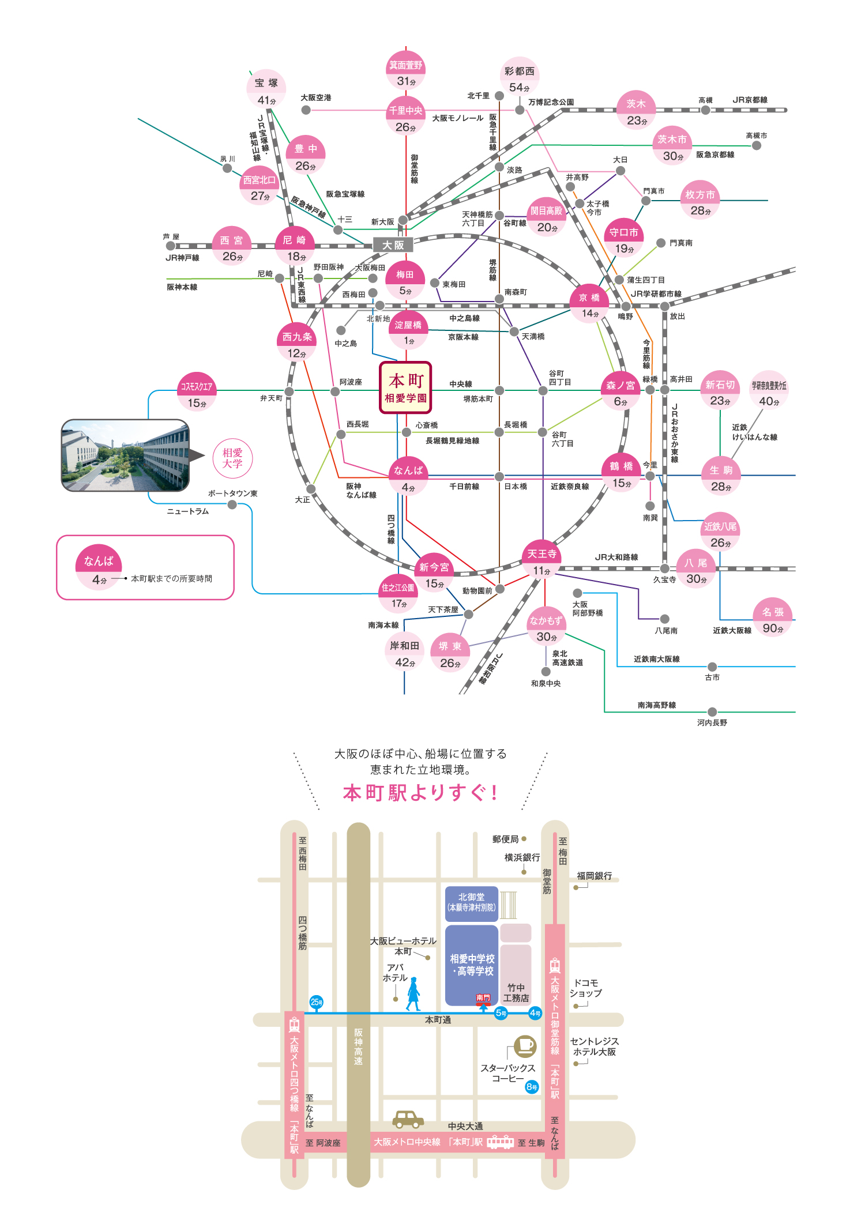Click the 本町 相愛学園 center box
coord(405,387)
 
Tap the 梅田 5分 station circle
coord(405,281)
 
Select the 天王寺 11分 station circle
coord(542,560)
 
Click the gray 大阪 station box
coord(393,245)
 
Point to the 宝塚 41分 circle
coord(266,90)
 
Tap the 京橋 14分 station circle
coord(589,304)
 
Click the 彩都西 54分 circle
coord(520,78)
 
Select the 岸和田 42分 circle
coord(404,653)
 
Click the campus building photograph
coord(125,455)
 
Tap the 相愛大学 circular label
coord(232,458)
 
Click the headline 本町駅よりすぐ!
coord(420,792)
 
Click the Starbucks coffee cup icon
coord(524,1044)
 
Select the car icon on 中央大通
coord(408,1119)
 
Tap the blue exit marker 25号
coord(317,1002)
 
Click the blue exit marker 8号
coord(532,1087)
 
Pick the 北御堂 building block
coord(471,903)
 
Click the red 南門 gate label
coord(483,997)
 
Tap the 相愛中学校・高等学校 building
coord(472,964)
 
